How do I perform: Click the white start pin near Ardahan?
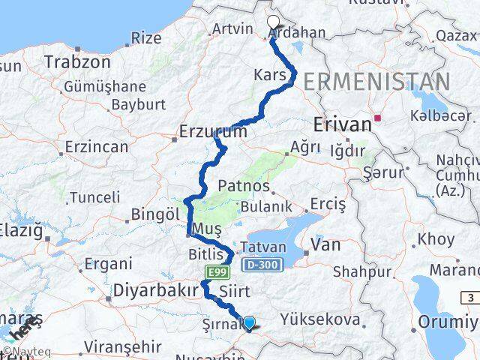click(x=273, y=22)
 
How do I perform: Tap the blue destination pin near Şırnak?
click(x=249, y=324)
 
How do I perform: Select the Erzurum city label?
click(x=213, y=132)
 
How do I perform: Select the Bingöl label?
click(x=154, y=214)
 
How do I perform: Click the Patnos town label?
click(x=244, y=185)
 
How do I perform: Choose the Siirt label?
click(x=235, y=289)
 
